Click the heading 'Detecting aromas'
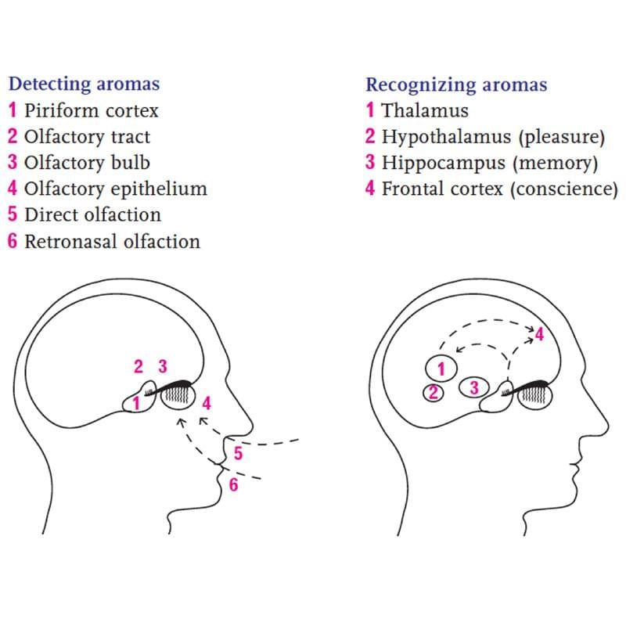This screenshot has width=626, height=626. tap(84, 85)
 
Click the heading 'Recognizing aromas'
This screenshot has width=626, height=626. tap(456, 85)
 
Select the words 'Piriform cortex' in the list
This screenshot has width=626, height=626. tap(92, 110)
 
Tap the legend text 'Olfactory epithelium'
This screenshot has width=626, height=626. tap(116, 189)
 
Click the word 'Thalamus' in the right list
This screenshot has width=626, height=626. tap(425, 110)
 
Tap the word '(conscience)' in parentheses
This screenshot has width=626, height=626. tap(564, 189)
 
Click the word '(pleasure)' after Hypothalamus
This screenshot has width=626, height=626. tap(562, 137)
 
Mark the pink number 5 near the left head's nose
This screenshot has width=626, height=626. tap(239, 454)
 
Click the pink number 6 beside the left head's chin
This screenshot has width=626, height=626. tap(233, 484)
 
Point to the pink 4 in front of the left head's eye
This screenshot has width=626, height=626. tap(207, 403)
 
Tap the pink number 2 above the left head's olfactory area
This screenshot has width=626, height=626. tap(139, 366)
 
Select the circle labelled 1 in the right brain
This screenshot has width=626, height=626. tap(441, 369)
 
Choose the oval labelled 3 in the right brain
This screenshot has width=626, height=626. tap(474, 387)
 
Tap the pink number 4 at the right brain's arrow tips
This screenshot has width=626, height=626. tap(539, 335)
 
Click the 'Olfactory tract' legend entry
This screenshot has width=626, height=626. tap(79, 137)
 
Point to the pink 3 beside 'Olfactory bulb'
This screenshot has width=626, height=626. tap(13, 163)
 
